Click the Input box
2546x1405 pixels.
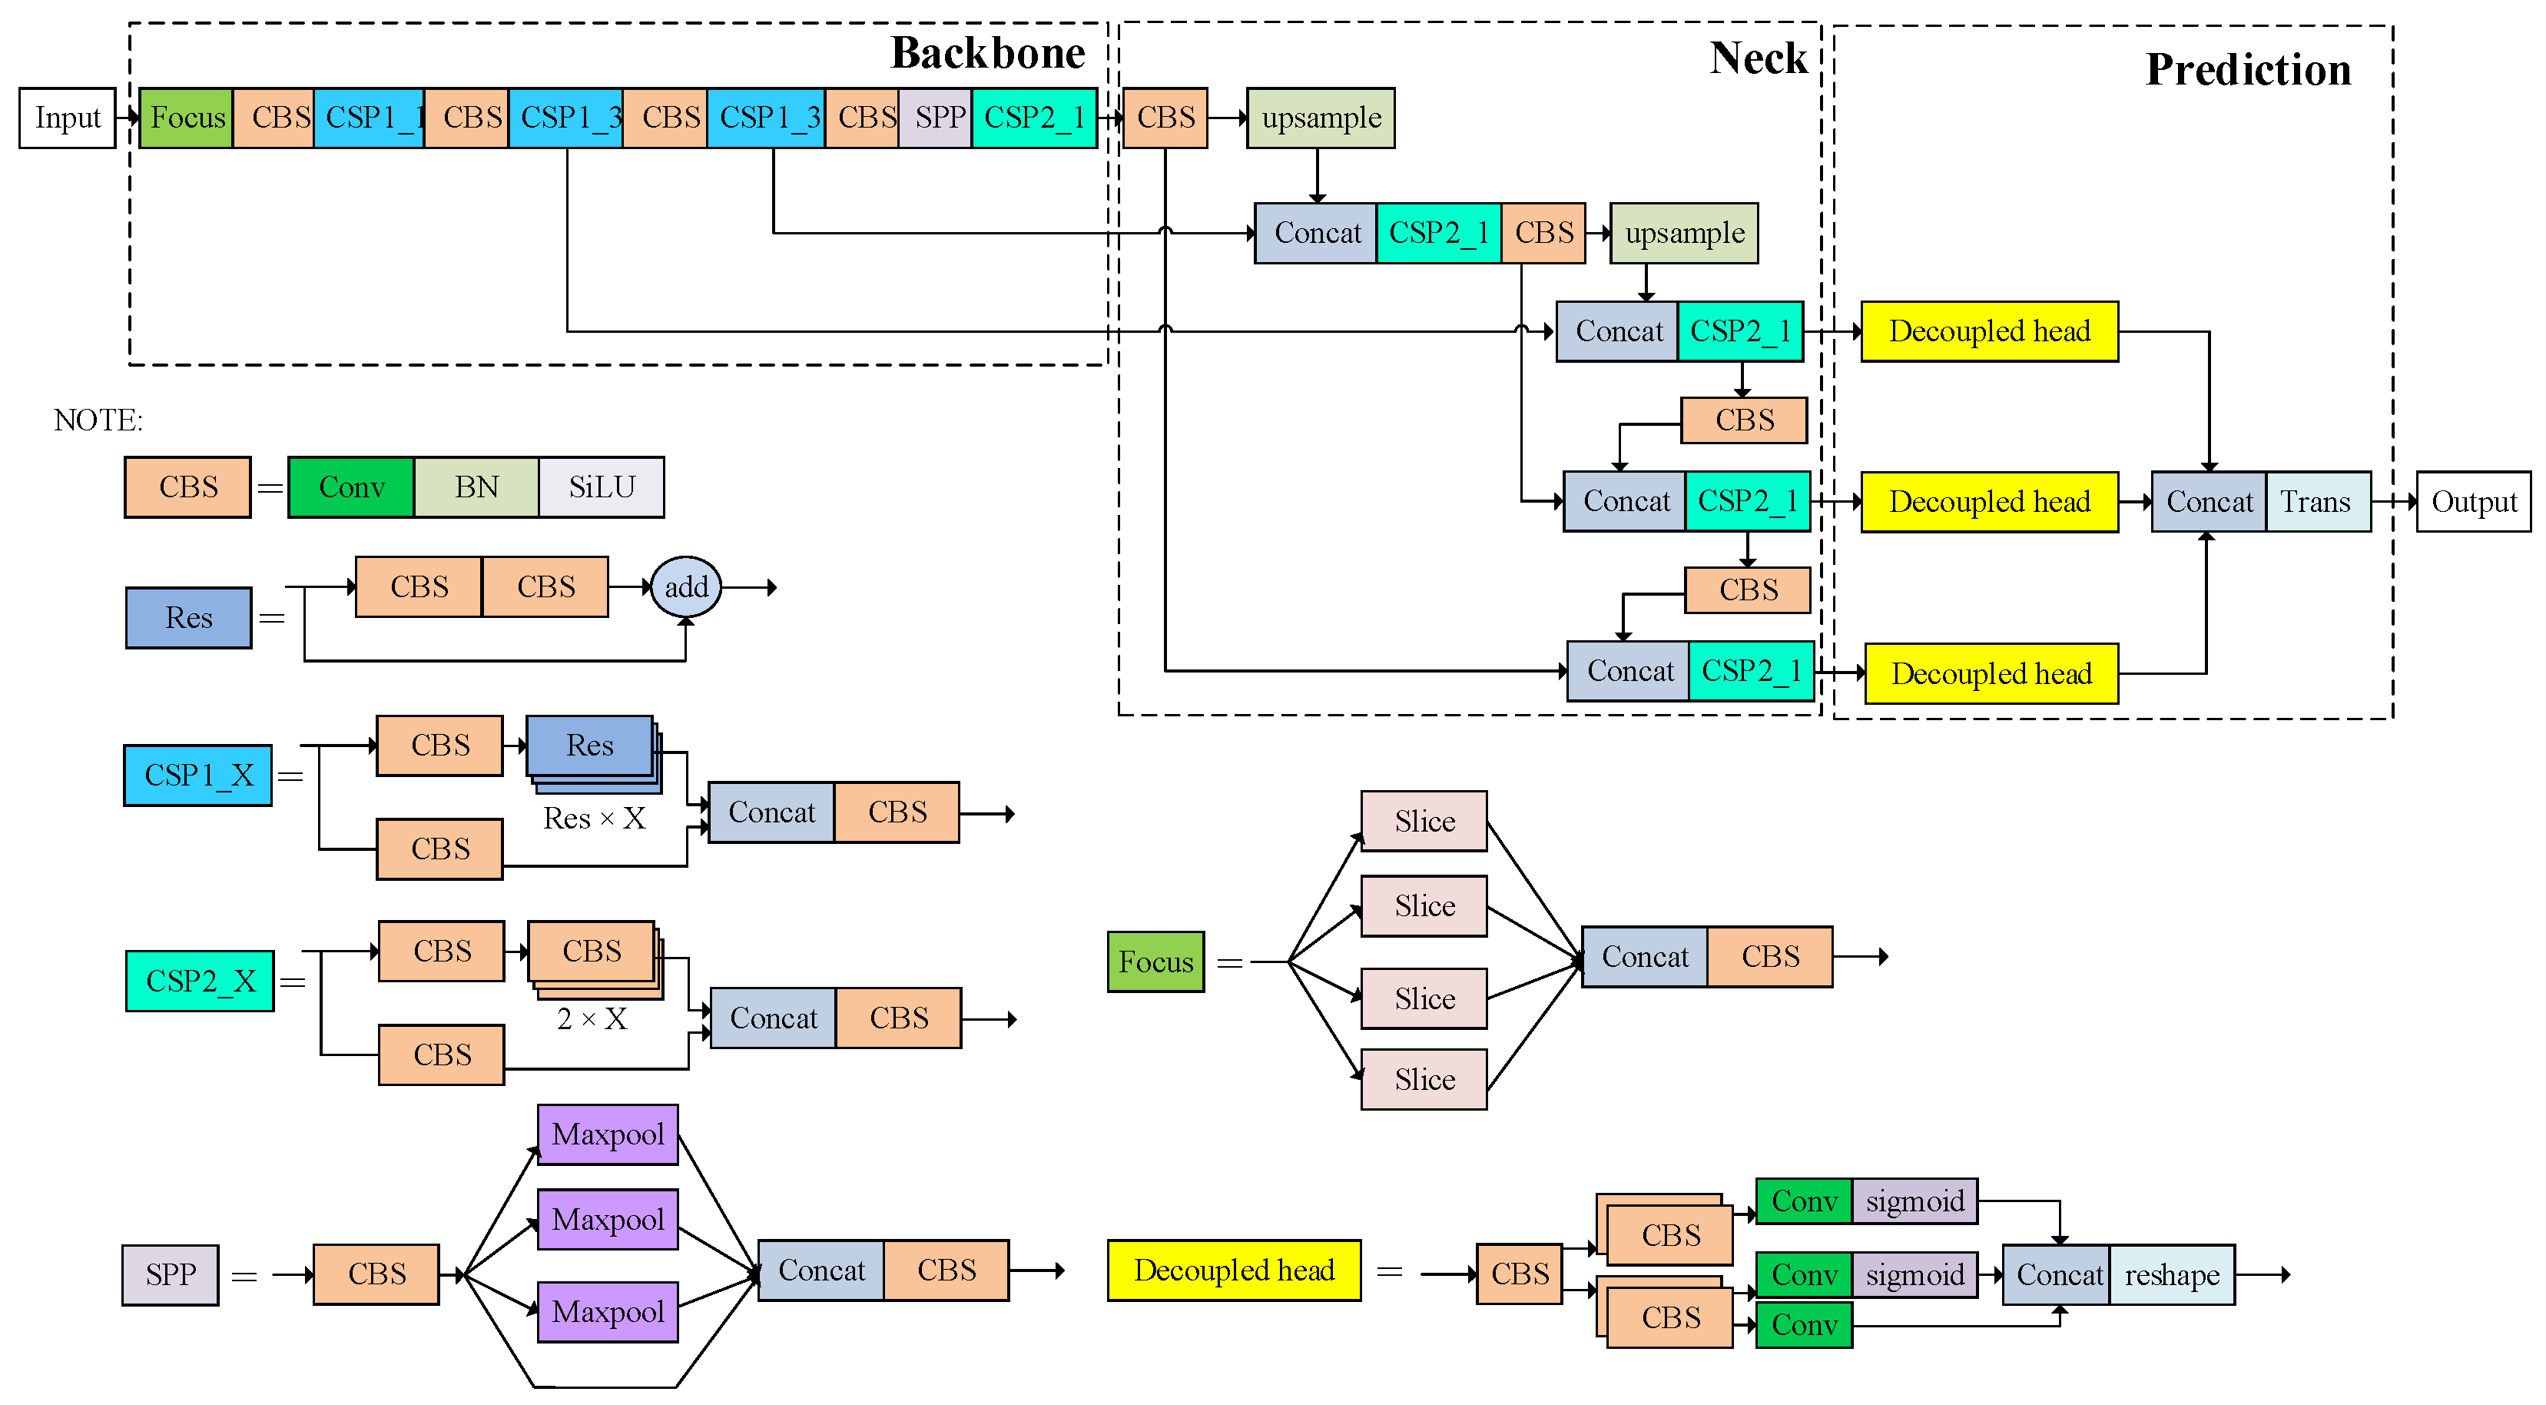67,118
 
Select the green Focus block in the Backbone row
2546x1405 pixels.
186,118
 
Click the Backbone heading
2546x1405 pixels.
987,53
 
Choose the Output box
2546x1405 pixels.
2473,503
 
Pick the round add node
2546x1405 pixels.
686,587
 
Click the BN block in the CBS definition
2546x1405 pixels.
476,487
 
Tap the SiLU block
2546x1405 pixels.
601,487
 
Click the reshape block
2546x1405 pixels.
2171,1275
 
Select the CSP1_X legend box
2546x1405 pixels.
197,776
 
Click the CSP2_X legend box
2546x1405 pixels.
200,981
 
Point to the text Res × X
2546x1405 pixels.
594,819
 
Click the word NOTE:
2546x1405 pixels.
98,420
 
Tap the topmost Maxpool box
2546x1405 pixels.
607,1134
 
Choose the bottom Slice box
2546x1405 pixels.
1424,1080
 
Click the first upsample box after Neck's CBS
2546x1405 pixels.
1321,118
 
